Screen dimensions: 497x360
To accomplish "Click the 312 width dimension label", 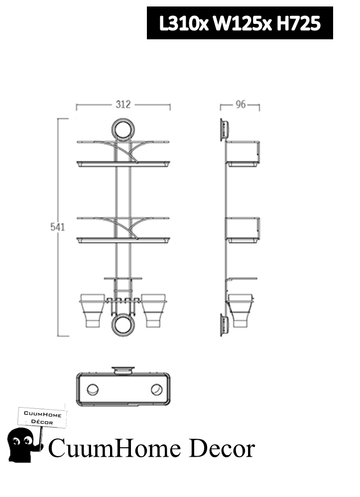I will [123, 104].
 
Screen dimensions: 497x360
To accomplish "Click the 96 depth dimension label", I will [240, 105].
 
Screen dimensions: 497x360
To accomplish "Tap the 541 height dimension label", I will [58, 227].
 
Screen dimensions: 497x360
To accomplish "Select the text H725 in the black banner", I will [298, 23].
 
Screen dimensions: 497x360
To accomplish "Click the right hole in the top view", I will [156, 390].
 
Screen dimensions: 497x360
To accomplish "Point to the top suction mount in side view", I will [225, 129].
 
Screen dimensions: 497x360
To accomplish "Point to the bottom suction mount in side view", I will [225, 324].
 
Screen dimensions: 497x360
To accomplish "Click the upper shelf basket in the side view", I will [243, 153].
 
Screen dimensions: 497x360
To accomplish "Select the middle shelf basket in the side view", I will [243, 230].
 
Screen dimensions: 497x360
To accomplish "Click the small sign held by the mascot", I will [43, 417].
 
